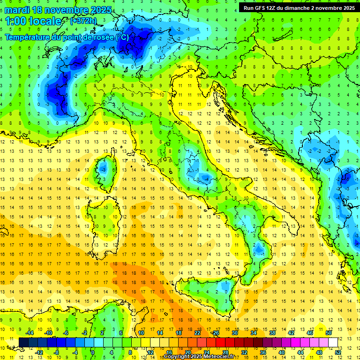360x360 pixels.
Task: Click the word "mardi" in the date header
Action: pyautogui.click(x=17, y=10)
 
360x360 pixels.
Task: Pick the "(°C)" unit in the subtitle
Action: pyautogui.click(x=122, y=37)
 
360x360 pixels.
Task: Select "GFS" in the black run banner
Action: pyautogui.click(x=260, y=8)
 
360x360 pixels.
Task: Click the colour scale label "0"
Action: pyautogui.click(x=93, y=352)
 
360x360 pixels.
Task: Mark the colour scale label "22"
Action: pyautogui.click(x=197, y=332)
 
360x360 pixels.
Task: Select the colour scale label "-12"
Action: pyautogui.click(x=39, y=352)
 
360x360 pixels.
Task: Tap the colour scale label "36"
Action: pyautogui.click(x=263, y=352)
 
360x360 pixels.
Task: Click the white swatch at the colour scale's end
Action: pyautogui.click(x=333, y=342)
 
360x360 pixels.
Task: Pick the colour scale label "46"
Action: pyautogui.click(x=309, y=332)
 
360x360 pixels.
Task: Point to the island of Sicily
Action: pyautogui.click(x=206, y=293)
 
